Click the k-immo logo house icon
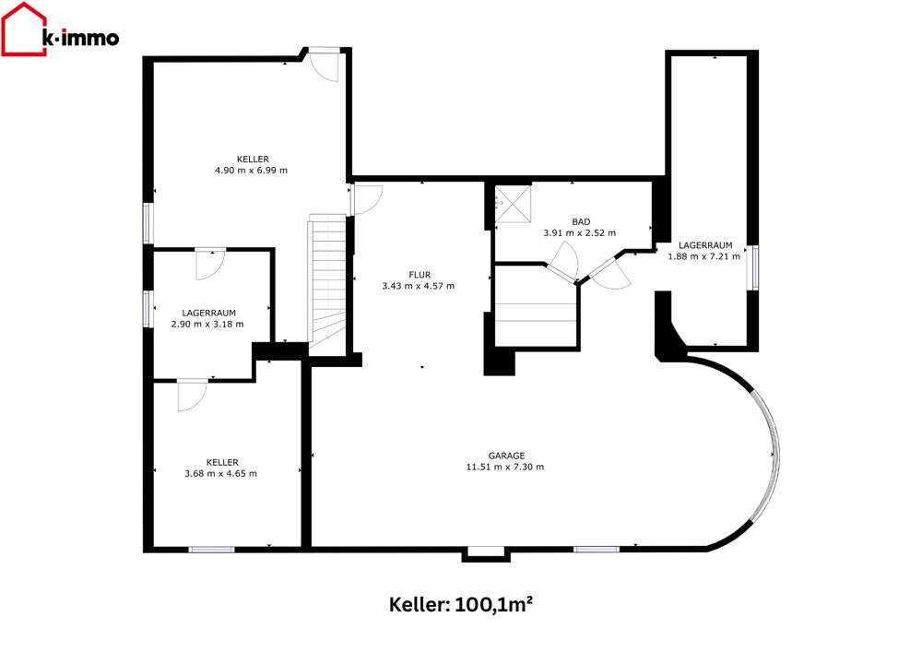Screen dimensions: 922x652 pos(24,30)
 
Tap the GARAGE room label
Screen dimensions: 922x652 pos(506,456)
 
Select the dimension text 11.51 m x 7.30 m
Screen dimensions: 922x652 pos(505,467)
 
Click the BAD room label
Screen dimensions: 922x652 pos(581,221)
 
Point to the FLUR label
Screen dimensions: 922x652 pos(420,275)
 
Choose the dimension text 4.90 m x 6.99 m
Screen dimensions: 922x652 pos(251,171)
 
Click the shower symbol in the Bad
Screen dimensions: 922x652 pos(513,204)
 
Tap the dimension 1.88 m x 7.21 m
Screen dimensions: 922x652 pos(703,256)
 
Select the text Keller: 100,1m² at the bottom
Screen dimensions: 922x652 pos(461,604)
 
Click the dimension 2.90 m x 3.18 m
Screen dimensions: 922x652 pos(207,324)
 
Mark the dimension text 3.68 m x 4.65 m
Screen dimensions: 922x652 pos(220,473)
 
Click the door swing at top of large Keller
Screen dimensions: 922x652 pos(325,65)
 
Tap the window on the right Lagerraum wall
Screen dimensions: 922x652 pos(753,267)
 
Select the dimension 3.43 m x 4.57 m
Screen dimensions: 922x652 pos(418,286)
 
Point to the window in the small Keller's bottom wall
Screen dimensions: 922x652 pos(212,550)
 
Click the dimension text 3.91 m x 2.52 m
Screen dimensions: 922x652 pos(579,232)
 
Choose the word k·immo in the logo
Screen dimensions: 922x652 pos(81,38)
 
